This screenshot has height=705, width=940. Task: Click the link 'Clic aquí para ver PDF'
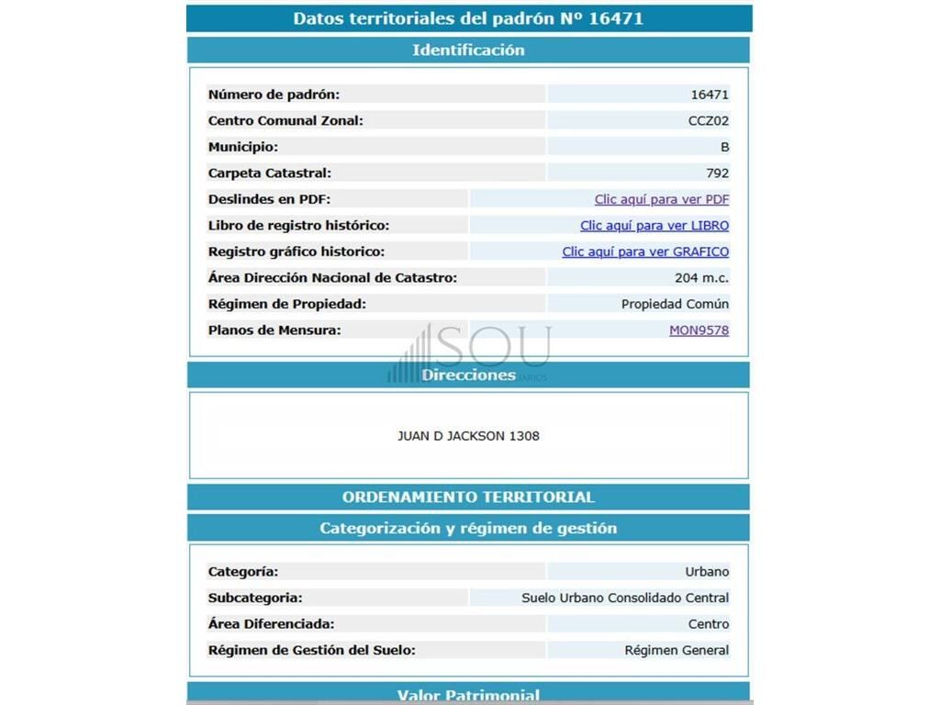tap(661, 199)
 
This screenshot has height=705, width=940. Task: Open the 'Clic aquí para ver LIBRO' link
tap(654, 226)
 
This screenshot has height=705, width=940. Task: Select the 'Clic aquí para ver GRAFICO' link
tap(645, 252)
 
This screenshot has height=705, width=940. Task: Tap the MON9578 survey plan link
tap(699, 330)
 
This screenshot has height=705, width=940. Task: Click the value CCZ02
tap(709, 120)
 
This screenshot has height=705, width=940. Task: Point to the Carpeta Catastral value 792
tap(718, 173)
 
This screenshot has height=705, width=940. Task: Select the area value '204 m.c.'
tap(701, 278)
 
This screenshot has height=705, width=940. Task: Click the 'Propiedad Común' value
tap(675, 304)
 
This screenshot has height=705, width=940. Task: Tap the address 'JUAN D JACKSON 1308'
tap(468, 436)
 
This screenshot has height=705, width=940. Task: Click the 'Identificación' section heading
tap(468, 50)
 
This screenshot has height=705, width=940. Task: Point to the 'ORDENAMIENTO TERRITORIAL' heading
tap(468, 498)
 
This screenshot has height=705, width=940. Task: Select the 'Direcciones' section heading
tap(468, 375)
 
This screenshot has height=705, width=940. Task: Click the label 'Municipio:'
tap(243, 147)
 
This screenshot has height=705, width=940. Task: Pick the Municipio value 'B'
tap(724, 147)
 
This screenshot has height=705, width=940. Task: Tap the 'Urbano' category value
tap(707, 572)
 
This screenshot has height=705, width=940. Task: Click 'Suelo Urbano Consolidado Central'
tap(625, 599)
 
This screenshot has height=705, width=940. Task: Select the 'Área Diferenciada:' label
tap(271, 624)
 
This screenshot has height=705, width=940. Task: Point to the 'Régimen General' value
tap(677, 651)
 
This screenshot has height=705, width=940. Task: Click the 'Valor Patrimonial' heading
tap(468, 695)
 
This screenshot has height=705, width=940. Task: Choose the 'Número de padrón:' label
tap(274, 95)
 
